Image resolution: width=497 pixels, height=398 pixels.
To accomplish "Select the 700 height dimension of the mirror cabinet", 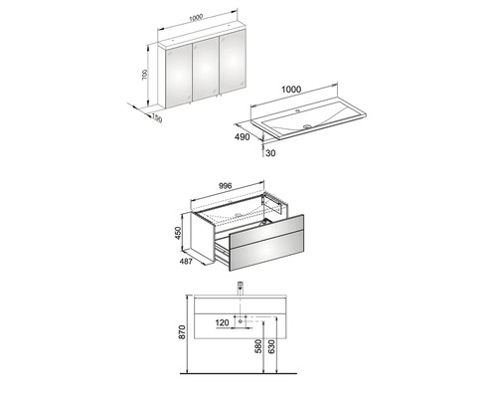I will pyautogui.click(x=145, y=77).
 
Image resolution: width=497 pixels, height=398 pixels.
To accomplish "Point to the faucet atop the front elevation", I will pyautogui.click(x=243, y=289).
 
